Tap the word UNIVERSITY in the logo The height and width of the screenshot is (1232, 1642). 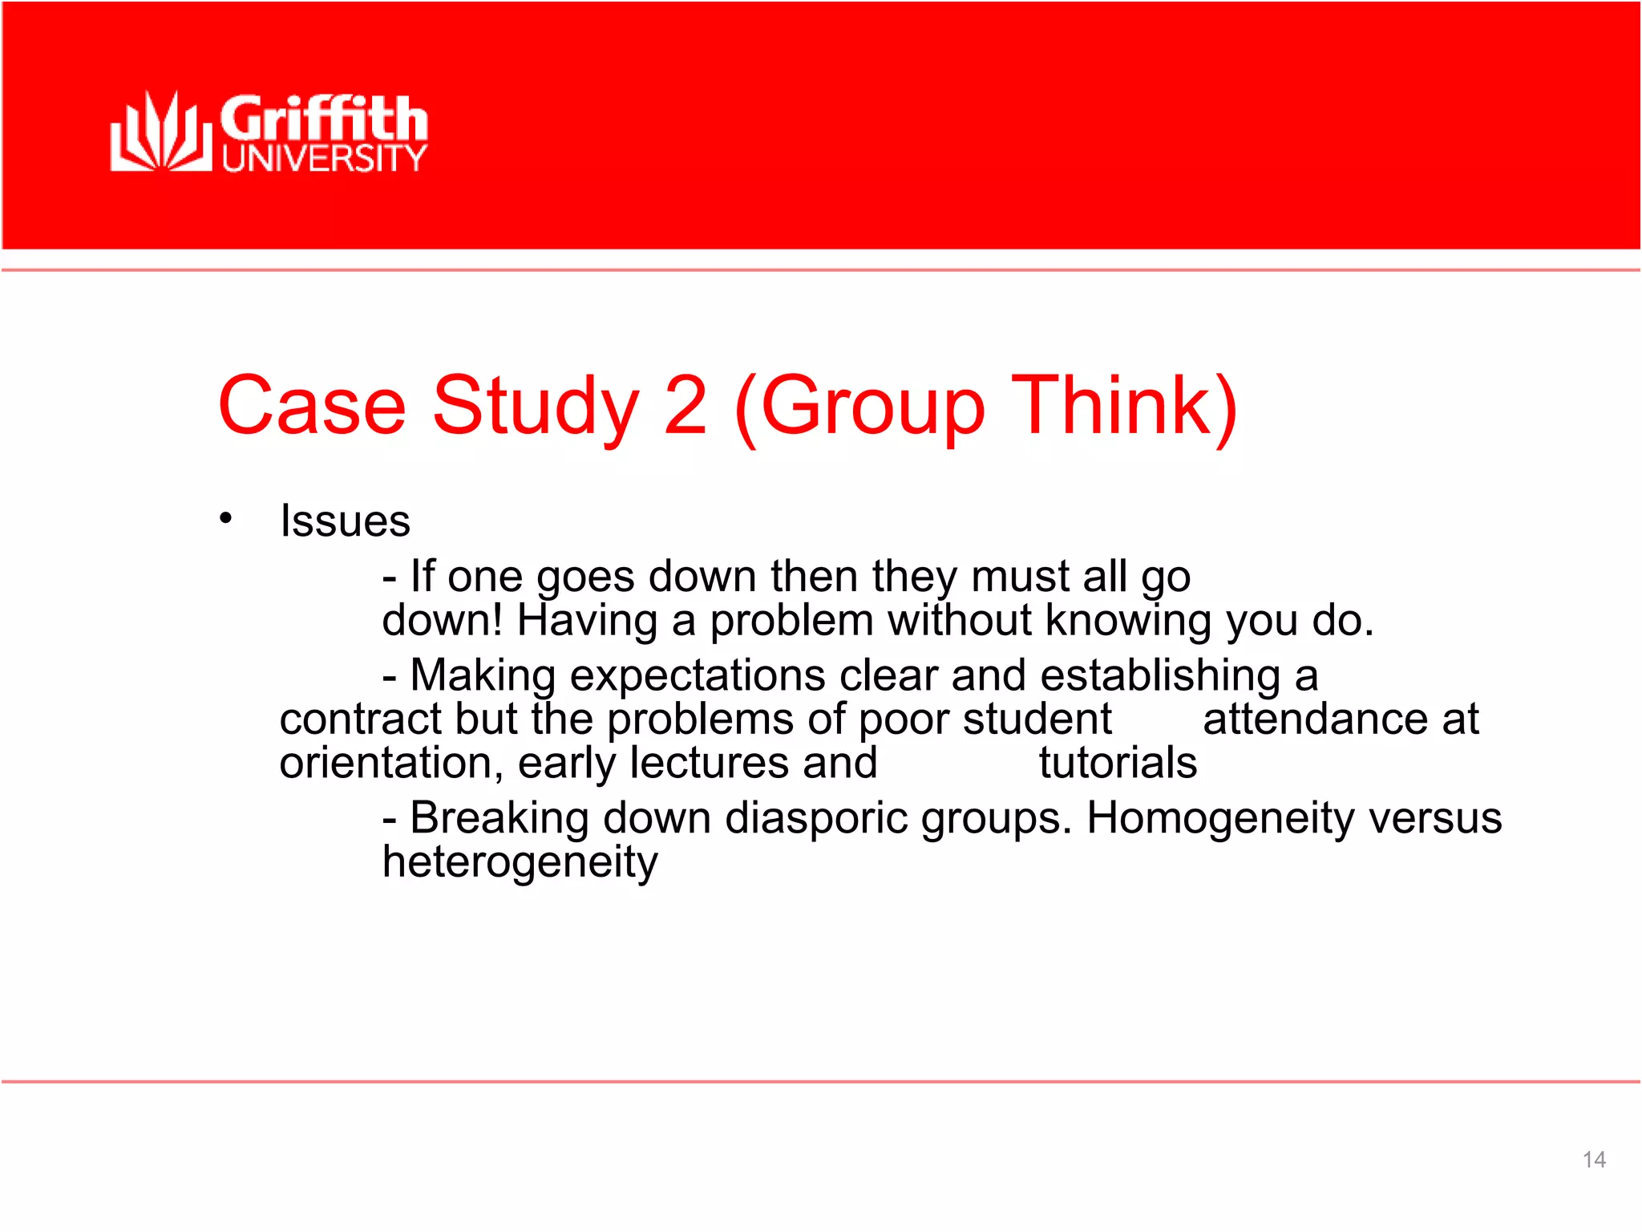point(324,158)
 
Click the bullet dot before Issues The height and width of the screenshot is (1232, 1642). point(226,518)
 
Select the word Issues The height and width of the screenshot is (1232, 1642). point(345,521)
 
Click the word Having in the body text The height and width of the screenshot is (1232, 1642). point(588,621)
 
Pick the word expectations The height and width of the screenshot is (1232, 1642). point(697,675)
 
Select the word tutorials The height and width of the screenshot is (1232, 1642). point(1118,763)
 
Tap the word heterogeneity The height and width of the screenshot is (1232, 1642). point(520,863)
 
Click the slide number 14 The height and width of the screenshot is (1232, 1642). point(1594,1160)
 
